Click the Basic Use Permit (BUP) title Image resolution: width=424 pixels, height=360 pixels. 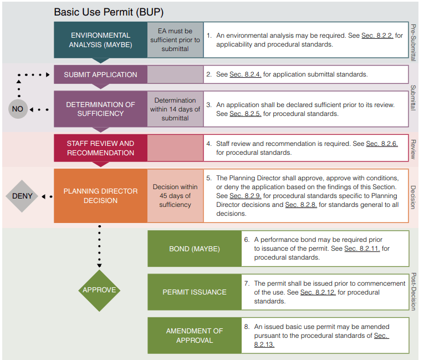click(x=108, y=12)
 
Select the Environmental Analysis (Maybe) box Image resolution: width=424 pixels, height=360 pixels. click(x=100, y=40)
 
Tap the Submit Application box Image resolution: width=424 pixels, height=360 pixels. click(x=100, y=74)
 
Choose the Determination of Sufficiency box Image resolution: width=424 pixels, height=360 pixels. click(x=100, y=109)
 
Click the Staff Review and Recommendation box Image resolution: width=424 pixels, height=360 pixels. click(x=100, y=148)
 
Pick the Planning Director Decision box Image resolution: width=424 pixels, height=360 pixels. click(x=100, y=196)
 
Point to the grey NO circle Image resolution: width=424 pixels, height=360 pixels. click(x=18, y=109)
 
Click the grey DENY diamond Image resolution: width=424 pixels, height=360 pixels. click(x=22, y=196)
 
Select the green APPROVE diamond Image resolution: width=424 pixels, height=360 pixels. click(x=99, y=290)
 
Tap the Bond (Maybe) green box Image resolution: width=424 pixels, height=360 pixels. click(x=194, y=249)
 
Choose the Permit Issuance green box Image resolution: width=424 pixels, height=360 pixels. click(x=194, y=292)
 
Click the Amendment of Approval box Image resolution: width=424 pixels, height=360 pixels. click(x=194, y=335)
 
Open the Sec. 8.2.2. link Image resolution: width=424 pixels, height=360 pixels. click(x=377, y=36)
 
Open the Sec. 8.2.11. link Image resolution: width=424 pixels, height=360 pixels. click(x=361, y=249)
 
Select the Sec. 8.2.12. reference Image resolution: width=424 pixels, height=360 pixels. click(x=318, y=292)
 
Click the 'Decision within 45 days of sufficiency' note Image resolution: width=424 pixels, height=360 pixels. click(x=175, y=196)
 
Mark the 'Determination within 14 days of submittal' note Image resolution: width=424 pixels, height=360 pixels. click(x=175, y=109)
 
